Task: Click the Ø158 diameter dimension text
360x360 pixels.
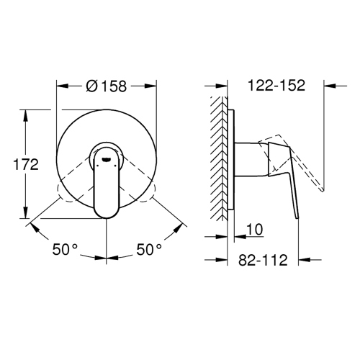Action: click(x=106, y=86)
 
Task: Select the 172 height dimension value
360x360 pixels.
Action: click(x=26, y=165)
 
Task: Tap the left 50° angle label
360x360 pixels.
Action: click(x=64, y=249)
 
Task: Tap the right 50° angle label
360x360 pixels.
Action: click(x=150, y=249)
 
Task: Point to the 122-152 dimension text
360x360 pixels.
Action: click(x=276, y=86)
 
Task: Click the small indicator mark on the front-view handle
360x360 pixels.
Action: click(x=106, y=156)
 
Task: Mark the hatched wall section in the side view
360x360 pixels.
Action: click(x=218, y=158)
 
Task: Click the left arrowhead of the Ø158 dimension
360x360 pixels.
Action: click(x=60, y=86)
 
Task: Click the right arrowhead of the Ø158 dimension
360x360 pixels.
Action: click(x=153, y=86)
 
